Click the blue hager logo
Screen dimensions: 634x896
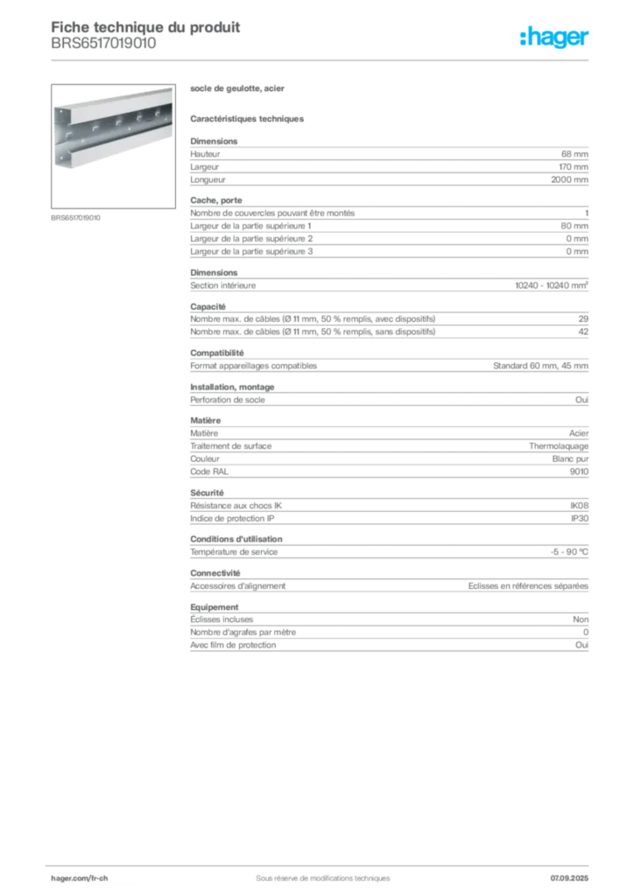click(x=555, y=39)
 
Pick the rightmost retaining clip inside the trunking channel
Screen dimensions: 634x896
click(x=159, y=113)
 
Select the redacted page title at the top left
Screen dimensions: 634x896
click(x=144, y=30)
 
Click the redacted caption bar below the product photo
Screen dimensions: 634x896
click(x=77, y=218)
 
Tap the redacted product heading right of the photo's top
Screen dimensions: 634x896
click(x=237, y=89)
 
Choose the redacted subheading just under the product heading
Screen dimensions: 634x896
click(x=248, y=118)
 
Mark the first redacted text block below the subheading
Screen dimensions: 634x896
click(x=388, y=163)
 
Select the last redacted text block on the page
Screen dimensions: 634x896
click(x=388, y=629)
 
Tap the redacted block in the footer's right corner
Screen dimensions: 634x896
click(x=574, y=873)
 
